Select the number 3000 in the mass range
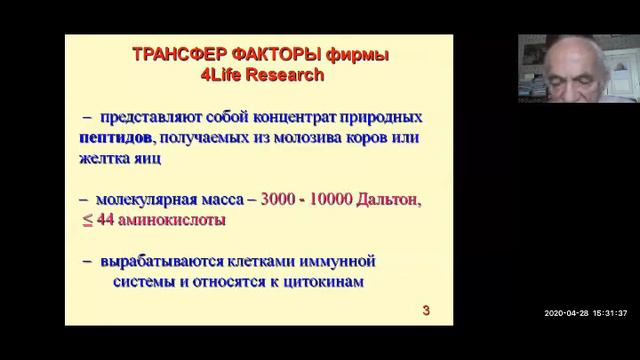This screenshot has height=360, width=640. coord(283,199)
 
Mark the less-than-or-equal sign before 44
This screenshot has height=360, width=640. coord(88,219)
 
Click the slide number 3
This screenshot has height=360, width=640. coord(426,311)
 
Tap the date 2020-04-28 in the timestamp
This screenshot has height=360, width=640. coord(567,313)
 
